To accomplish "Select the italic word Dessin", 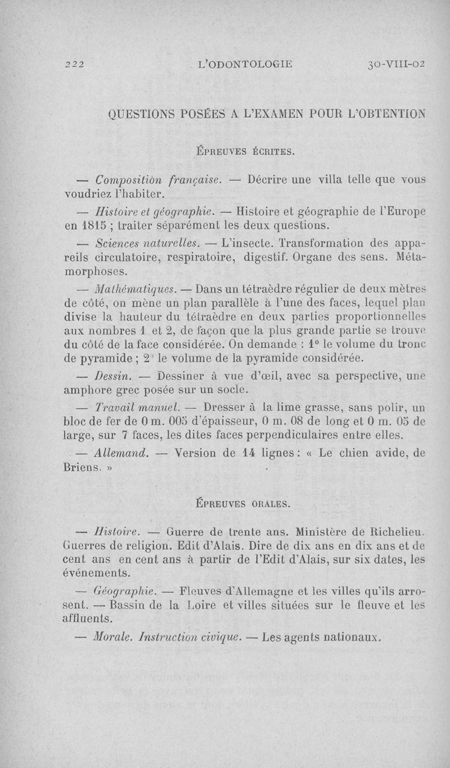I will (x=114, y=374).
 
